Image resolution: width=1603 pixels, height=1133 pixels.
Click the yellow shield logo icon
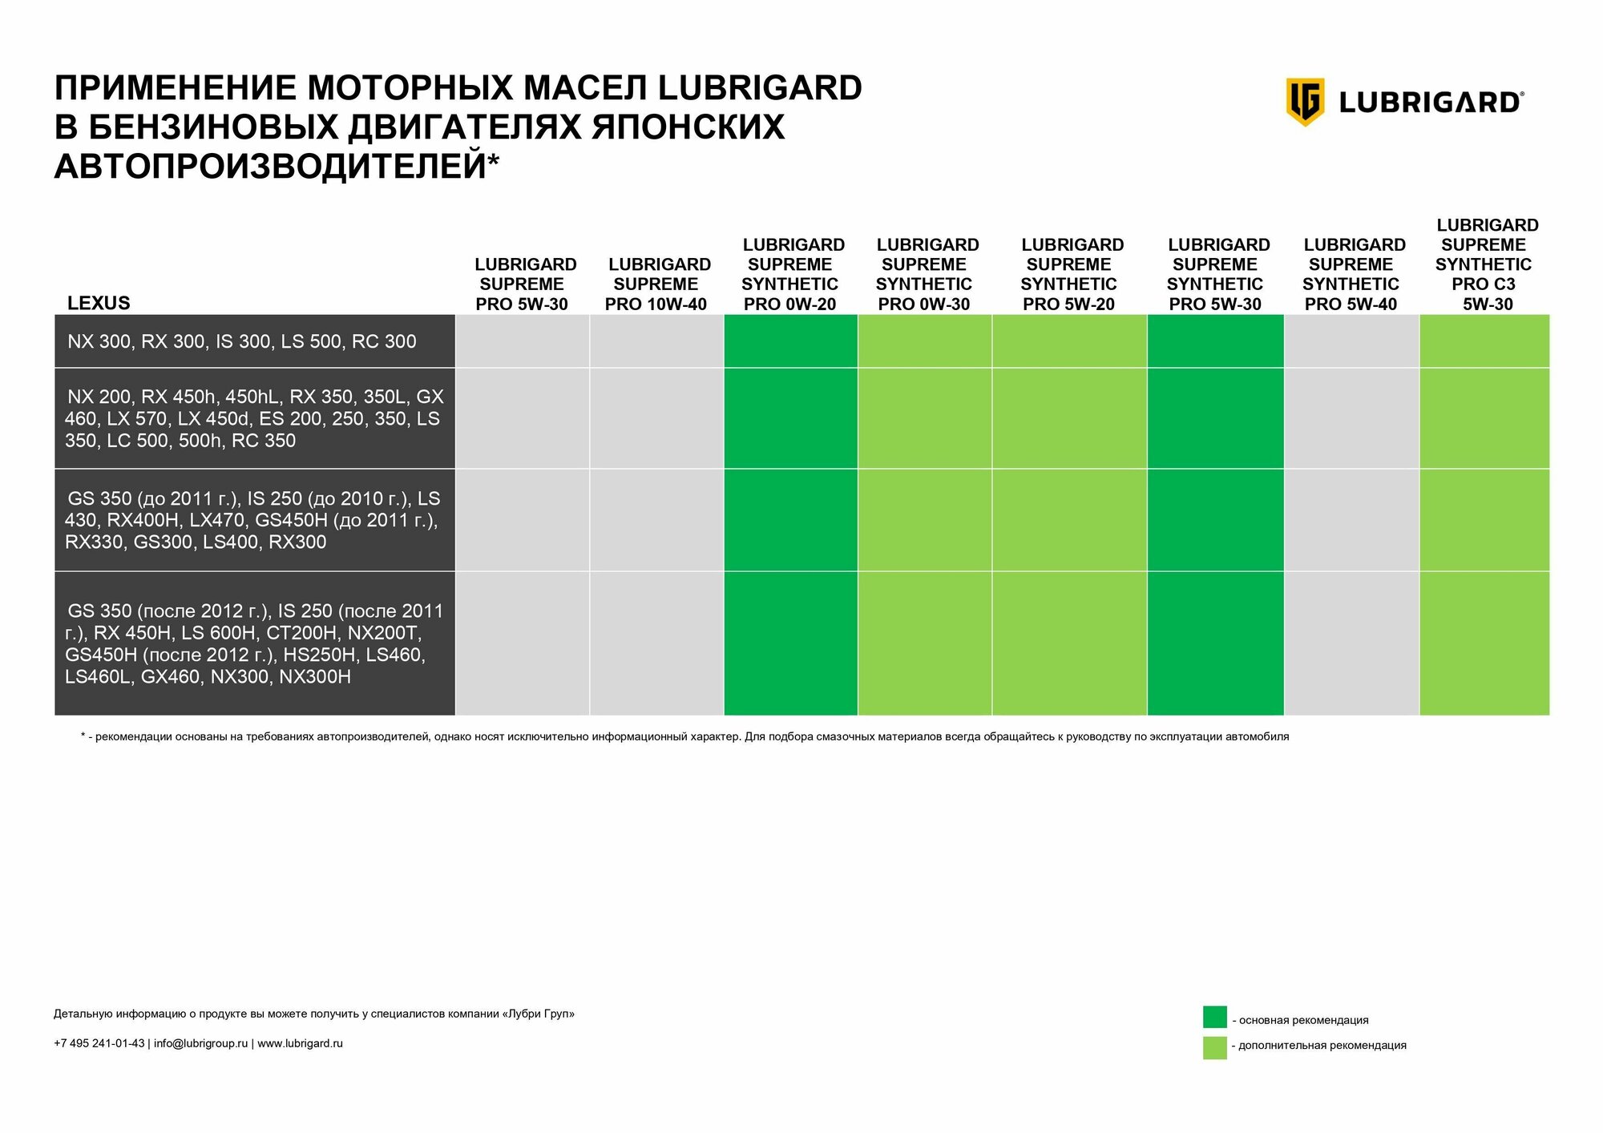coord(1305,102)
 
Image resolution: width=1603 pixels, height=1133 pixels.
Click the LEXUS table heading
coord(99,303)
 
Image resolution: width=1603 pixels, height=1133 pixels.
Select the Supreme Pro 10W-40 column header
coord(656,284)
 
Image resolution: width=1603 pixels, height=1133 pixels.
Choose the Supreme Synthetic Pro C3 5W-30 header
coord(1485,264)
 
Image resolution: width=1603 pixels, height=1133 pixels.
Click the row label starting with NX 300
coord(241,341)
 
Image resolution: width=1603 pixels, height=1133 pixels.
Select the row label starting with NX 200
coord(253,418)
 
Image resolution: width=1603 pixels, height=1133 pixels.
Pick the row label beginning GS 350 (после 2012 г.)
coord(253,643)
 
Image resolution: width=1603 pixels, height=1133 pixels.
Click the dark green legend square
coord(1214,1017)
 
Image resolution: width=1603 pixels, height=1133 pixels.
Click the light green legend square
coord(1214,1047)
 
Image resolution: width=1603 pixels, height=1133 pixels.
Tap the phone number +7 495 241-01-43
coord(99,1043)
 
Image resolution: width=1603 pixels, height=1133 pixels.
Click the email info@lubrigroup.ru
coord(200,1043)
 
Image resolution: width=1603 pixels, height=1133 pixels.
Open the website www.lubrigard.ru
coord(300,1043)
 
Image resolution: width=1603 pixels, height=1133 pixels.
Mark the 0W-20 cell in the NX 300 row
coord(790,341)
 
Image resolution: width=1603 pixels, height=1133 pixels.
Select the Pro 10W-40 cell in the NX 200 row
coord(656,418)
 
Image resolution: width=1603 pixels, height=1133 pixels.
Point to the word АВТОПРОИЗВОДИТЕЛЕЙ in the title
coord(270,166)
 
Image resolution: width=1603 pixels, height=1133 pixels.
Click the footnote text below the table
coord(684,736)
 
